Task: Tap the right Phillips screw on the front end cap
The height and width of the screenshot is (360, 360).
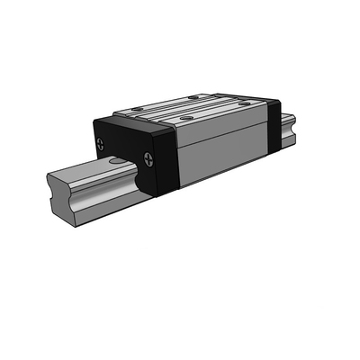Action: pos(146,158)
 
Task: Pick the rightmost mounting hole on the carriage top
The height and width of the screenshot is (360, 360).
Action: pos(242,105)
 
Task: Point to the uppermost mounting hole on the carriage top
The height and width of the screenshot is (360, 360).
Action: pos(192,96)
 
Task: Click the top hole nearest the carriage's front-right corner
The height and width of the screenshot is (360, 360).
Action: pos(184,117)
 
